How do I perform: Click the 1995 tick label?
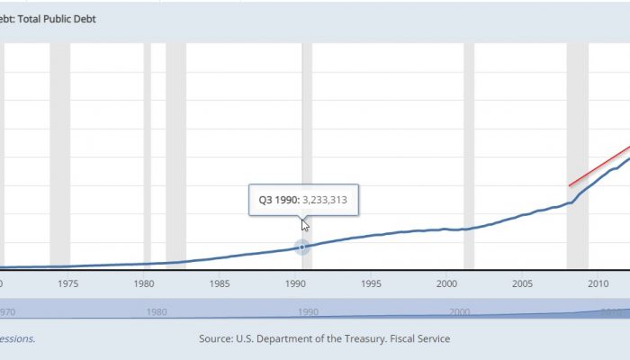click(372, 284)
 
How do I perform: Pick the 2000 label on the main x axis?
click(447, 284)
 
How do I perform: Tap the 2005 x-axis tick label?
click(523, 284)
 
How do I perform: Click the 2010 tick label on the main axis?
click(598, 284)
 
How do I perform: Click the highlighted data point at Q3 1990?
click(302, 247)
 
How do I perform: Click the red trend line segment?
click(598, 166)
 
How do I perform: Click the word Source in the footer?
click(218, 338)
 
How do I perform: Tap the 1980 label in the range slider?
click(157, 312)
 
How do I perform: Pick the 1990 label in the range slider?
click(309, 312)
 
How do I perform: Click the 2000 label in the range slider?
click(460, 312)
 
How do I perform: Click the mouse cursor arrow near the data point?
click(305, 225)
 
